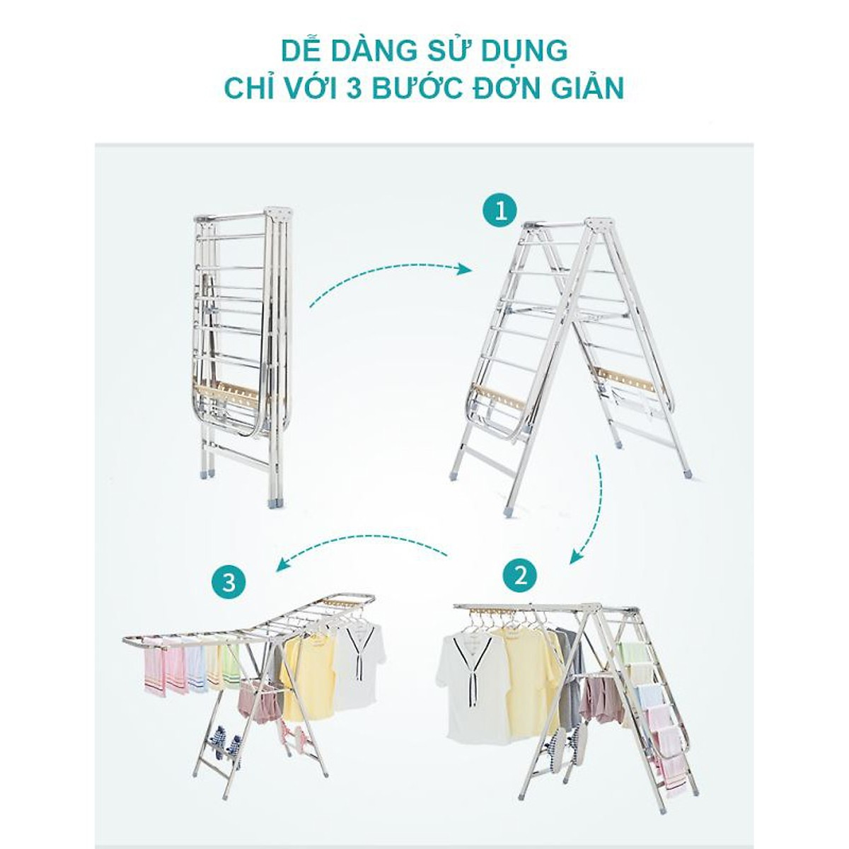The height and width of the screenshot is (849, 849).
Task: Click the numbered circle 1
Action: pyautogui.click(x=501, y=212)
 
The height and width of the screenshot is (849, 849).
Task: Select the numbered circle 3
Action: pyautogui.click(x=229, y=584)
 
